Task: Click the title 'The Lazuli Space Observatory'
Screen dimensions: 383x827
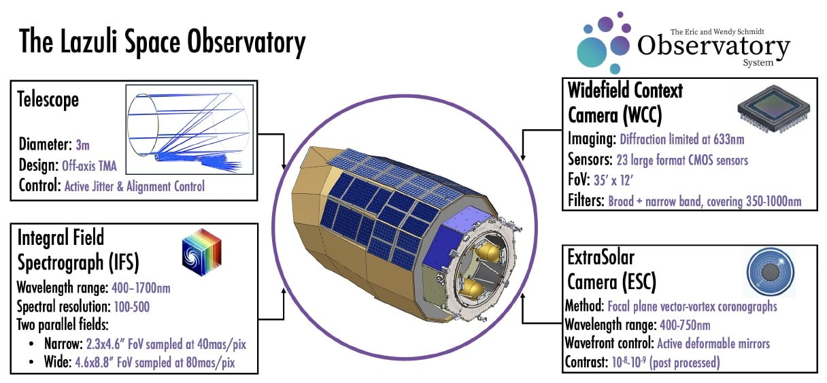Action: (162, 43)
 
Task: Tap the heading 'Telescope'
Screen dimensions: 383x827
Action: (48, 99)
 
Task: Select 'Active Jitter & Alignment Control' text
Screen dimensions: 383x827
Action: (134, 185)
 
